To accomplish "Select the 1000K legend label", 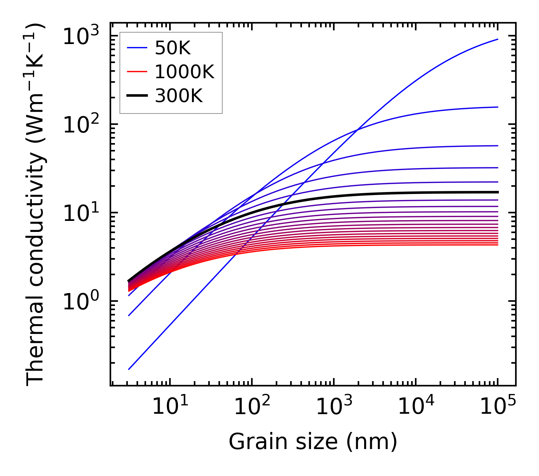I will click(x=184, y=72).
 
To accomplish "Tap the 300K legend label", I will click(x=179, y=96).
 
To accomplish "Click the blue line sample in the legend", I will click(x=137, y=48).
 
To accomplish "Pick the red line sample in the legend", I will click(x=137, y=72).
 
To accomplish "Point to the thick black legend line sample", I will click(x=137, y=96).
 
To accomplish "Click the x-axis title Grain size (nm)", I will click(x=313, y=442).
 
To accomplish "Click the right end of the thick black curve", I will click(x=497, y=192).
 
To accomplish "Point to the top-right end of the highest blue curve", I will click(x=497, y=39).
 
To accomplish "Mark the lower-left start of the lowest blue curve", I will click(x=129, y=369).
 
